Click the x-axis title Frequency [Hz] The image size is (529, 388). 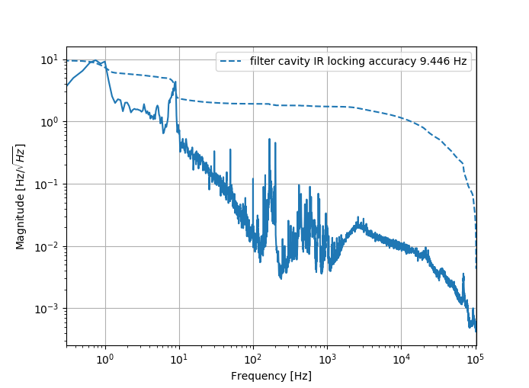pyautogui.click(x=271, y=376)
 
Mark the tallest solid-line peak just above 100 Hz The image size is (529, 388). pyautogui.click(x=269, y=139)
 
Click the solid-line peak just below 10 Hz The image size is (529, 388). pyautogui.click(x=175, y=82)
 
